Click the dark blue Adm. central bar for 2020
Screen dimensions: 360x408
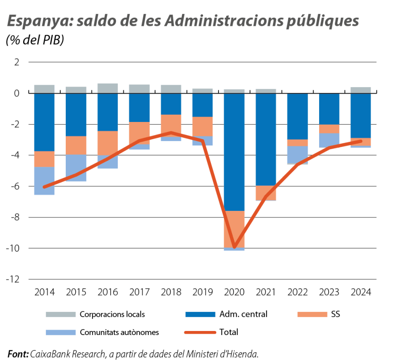[x=234, y=152]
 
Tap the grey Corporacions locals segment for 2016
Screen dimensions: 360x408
[x=108, y=88]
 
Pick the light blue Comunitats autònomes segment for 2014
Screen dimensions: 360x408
[x=44, y=181]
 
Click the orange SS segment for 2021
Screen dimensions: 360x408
[x=266, y=193]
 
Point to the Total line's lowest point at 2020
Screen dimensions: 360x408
[x=234, y=248]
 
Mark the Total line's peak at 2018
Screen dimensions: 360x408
[x=171, y=132]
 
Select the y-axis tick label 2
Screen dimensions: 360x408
[x=17, y=62]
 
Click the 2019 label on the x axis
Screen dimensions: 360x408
[x=203, y=292]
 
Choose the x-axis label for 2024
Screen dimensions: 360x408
[x=361, y=292]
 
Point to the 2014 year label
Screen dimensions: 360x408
[x=44, y=292]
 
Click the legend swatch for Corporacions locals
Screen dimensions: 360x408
[x=60, y=314]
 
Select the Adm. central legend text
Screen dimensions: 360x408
[x=243, y=314]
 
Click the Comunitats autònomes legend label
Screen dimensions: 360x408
[x=119, y=332]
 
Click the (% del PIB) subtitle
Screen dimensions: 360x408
[x=35, y=40]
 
